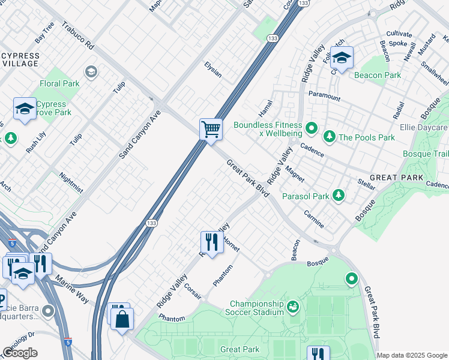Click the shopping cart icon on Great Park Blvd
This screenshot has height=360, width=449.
point(211,129)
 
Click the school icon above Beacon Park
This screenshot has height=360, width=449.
point(342,58)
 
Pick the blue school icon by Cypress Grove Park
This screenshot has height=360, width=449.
point(25,109)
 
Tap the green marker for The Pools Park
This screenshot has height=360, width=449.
point(329,137)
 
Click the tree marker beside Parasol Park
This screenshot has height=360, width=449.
point(339,196)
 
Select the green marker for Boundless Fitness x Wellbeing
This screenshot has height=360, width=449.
point(311,127)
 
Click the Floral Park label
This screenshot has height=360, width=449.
point(59,83)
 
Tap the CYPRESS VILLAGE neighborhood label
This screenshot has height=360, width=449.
point(20,59)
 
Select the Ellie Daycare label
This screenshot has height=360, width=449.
point(424,128)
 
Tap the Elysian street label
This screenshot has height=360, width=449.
point(213,70)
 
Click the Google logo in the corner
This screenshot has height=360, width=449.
point(20,353)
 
